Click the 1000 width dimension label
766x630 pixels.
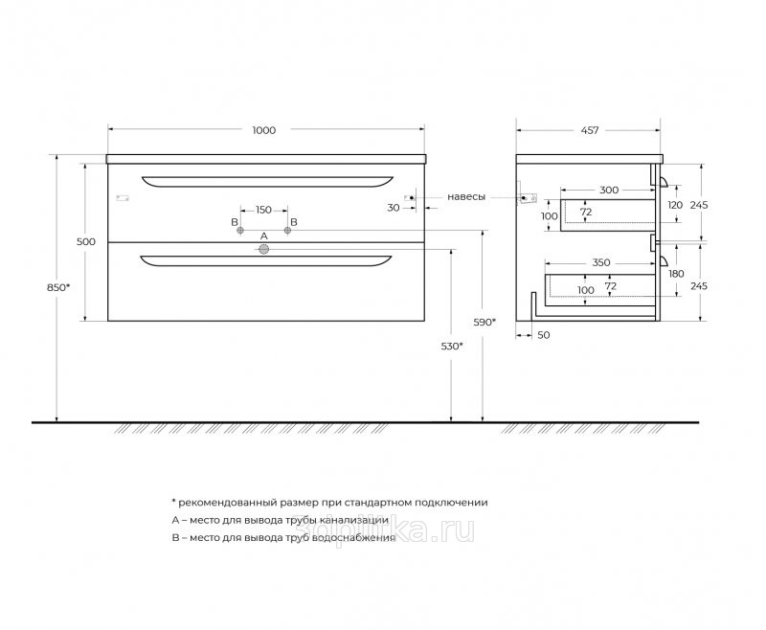click(264, 130)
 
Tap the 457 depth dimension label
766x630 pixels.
click(590, 130)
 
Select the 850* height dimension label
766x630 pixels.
click(58, 287)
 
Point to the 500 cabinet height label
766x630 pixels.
click(86, 241)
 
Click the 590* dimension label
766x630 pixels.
click(485, 322)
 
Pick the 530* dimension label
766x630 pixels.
click(452, 347)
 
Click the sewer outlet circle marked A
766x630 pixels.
click(264, 250)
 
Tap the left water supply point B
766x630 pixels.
click(240, 230)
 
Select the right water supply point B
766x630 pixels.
click(288, 230)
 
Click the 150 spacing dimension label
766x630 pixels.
click(263, 210)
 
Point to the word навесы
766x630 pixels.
click(466, 197)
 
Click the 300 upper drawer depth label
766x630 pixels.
click(609, 190)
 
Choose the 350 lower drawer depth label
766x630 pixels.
click(601, 262)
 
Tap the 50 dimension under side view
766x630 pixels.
click(543, 335)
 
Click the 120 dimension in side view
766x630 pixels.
click(675, 205)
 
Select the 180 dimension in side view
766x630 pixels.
click(676, 274)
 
